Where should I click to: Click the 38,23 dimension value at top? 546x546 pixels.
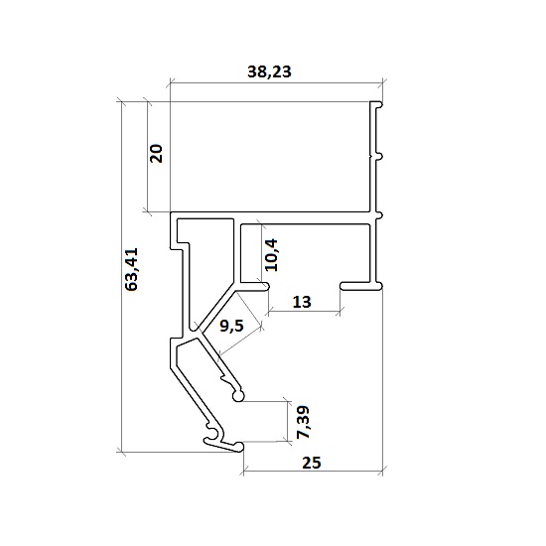269,71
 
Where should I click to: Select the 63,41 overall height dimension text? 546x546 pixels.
132,269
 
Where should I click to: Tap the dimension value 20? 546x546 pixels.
156,153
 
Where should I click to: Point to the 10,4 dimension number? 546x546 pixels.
271,255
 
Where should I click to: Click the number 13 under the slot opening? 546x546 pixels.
302,302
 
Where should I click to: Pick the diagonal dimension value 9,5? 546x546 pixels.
231,326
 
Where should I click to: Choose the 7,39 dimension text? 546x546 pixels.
302,422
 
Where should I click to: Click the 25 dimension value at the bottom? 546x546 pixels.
312,463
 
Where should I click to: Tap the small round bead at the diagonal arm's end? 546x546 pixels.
238,396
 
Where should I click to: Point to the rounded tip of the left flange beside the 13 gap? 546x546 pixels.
266,287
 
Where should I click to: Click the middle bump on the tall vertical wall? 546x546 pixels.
380,157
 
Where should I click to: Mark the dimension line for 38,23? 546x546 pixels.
276,83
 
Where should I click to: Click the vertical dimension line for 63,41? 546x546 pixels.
121,277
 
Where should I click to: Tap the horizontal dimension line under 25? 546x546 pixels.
313,472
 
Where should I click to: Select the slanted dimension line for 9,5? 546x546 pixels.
239,341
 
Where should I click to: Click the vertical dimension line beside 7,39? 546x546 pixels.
288,421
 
